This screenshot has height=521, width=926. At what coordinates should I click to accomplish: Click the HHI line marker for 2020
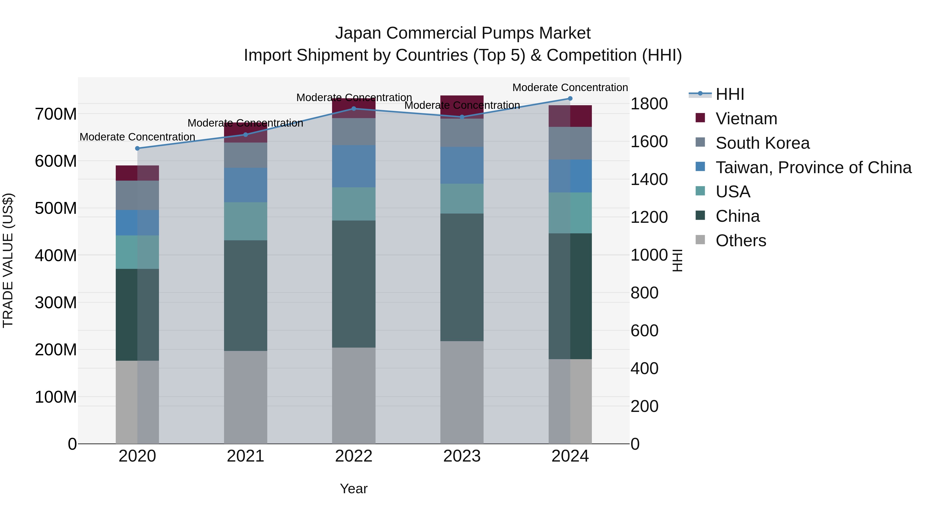pos(137,148)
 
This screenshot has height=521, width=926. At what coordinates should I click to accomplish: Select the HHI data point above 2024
pos(570,99)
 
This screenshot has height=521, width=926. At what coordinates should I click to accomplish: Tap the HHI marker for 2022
pos(354,109)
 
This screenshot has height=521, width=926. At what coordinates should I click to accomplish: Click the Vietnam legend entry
pos(746,119)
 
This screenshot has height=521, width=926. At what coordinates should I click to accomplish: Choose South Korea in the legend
pos(762,143)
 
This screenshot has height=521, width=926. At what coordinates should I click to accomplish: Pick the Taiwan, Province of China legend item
pos(813,167)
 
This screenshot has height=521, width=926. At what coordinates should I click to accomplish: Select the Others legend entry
pos(741,241)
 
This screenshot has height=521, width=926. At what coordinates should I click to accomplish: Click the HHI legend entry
pos(729,94)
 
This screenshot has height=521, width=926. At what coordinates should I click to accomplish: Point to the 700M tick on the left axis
pos(56,114)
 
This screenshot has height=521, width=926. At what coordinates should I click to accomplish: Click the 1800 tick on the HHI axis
pos(649,104)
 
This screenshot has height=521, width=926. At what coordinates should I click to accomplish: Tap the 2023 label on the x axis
pos(462,456)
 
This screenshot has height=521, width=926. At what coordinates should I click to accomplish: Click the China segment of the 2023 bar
pos(462,277)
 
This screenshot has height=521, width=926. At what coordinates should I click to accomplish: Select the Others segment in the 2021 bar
pos(246,397)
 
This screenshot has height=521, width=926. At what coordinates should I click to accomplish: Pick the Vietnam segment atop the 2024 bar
pos(570,116)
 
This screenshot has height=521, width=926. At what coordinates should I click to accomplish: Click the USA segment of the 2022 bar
pos(354,204)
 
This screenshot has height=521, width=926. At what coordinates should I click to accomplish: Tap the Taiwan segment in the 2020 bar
pos(137,223)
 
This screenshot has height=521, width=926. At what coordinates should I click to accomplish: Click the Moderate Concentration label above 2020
pos(137,137)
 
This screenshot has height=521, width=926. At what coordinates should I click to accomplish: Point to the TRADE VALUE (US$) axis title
pos(8,260)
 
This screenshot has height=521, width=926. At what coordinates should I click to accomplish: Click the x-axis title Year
pos(354,489)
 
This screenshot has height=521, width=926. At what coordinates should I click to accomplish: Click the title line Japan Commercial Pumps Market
pos(463,33)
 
